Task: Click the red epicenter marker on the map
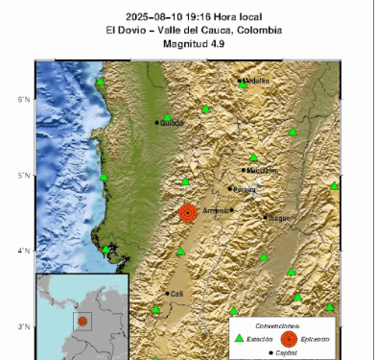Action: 188,212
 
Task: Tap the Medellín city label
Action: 256,81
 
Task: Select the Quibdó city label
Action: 174,123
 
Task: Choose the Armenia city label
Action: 216,210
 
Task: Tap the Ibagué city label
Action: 279,218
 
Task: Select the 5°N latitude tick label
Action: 24,176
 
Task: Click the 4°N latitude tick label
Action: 24,252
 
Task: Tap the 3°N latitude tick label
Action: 24,327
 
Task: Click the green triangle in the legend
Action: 240,338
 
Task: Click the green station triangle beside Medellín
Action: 241,84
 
